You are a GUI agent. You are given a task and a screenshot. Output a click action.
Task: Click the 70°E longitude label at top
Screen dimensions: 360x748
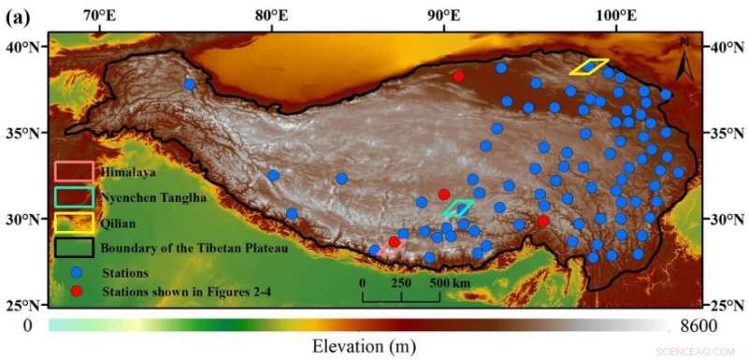pos(100,16)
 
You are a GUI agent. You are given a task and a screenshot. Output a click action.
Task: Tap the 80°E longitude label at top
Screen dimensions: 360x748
pos(271,16)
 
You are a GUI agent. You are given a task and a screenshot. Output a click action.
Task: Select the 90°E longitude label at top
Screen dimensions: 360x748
pos(443,16)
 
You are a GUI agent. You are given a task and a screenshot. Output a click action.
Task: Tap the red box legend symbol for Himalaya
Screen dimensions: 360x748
pos(74,172)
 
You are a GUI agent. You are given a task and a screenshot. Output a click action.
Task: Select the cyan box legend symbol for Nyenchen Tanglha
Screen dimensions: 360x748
pos(74,197)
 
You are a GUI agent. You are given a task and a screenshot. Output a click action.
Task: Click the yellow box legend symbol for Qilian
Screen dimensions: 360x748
pos(74,223)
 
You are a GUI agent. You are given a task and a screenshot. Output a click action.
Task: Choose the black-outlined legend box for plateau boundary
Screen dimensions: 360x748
pos(74,248)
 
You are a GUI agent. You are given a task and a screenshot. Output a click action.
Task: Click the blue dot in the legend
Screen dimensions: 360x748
pos(77,272)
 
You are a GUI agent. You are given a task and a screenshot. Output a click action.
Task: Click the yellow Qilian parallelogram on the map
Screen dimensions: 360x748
pos(589,66)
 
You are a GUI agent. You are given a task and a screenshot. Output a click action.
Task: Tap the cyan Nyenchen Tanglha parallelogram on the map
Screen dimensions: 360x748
pos(459,208)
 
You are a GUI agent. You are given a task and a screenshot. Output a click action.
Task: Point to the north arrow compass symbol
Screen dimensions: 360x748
pos(685,56)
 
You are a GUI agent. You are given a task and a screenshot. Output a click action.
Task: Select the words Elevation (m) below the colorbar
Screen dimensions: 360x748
pos(363,345)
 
